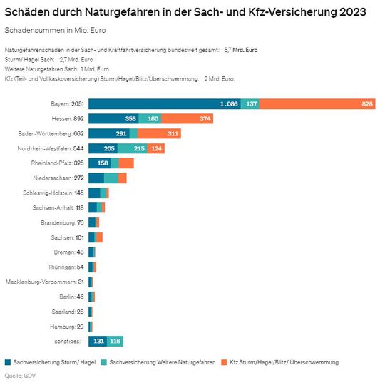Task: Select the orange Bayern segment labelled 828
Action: point(318,104)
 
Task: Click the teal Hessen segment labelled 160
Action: point(154,118)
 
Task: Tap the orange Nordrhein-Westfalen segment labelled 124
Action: point(157,148)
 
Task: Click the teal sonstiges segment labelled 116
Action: point(115,341)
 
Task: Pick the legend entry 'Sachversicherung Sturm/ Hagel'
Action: point(53,363)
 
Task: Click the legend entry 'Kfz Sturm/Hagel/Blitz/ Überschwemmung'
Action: point(279,363)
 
